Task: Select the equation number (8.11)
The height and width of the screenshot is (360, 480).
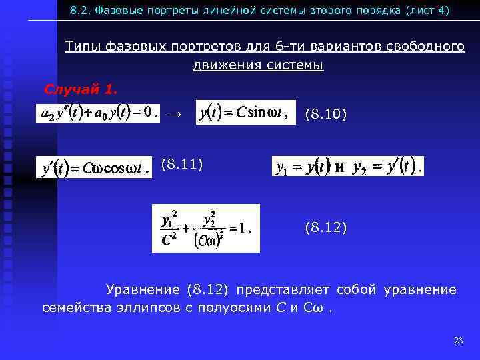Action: pos(181,163)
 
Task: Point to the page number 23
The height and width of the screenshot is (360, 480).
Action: pos(458,341)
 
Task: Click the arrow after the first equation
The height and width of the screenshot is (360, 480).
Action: pos(173,114)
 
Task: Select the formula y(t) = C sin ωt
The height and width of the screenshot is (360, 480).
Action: pos(245,113)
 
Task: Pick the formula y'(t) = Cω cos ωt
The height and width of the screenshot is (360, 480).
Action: pos(93,167)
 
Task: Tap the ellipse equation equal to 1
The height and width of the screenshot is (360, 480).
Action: pos(205,228)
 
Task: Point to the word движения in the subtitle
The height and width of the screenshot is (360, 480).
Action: pos(221,65)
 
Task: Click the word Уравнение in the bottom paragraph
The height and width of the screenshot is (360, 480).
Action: pos(143,289)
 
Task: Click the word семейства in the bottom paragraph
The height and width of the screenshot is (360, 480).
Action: pos(71,308)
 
